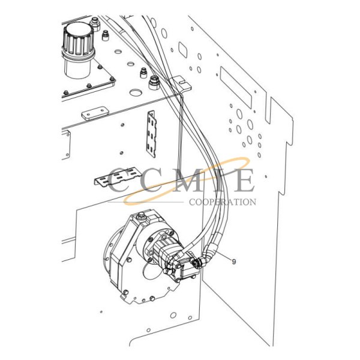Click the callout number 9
pyautogui.click(x=234, y=262)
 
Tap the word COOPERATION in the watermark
pyautogui.click(x=223, y=202)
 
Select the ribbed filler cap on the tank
pyautogui.click(x=78, y=40)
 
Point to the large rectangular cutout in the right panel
pyautogui.click(x=236, y=88)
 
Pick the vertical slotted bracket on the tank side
pyautogui.click(x=152, y=134)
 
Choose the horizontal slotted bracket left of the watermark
pyautogui.click(x=118, y=176)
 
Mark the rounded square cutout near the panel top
pyautogui.click(x=183, y=49)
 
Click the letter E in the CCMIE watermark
pyautogui.click(x=243, y=180)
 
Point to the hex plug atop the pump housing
pyautogui.click(x=140, y=216)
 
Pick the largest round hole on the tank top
pyautogui.click(x=136, y=92)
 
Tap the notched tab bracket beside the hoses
pyautogui.click(x=181, y=84)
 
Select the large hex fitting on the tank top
pyautogui.click(x=154, y=83)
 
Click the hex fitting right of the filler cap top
pyautogui.click(x=95, y=24)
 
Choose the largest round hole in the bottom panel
pyautogui.click(x=173, y=315)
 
